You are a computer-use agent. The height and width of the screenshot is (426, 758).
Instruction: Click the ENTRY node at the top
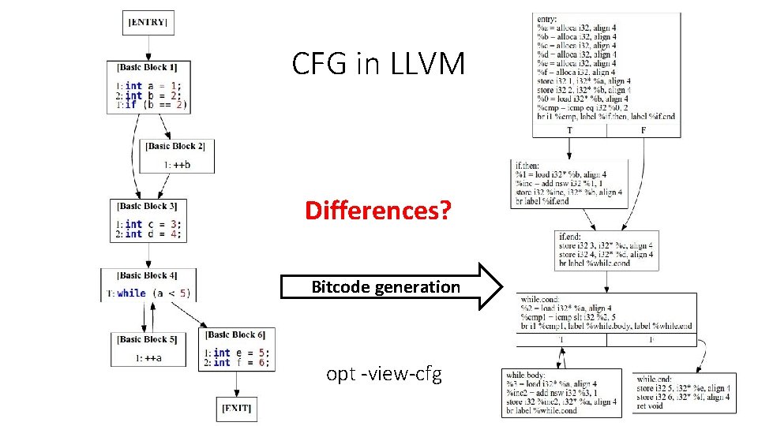[x=148, y=22]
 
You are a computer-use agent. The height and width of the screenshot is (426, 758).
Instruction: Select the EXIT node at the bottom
[x=236, y=408]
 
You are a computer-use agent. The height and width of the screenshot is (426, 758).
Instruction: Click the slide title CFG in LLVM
[x=378, y=64]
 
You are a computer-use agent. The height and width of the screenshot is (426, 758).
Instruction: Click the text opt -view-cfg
[x=384, y=373]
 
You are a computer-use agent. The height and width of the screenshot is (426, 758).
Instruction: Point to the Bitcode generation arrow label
[x=385, y=287]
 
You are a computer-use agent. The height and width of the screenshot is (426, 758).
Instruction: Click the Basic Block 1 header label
[x=148, y=68]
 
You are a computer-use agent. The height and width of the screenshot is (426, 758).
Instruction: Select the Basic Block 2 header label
[x=175, y=146]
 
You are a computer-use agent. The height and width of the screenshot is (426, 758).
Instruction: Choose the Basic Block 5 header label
[x=148, y=339]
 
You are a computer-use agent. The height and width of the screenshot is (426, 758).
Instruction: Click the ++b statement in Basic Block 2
[x=178, y=164]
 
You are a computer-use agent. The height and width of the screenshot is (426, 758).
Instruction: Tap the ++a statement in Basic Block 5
[x=148, y=358]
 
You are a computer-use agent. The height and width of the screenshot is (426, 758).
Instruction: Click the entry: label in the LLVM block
[x=546, y=19]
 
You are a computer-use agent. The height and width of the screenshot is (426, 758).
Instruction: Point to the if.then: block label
[x=528, y=166]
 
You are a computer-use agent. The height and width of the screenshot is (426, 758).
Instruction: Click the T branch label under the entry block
[x=570, y=130]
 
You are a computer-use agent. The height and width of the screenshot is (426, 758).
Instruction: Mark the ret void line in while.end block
[x=651, y=407]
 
